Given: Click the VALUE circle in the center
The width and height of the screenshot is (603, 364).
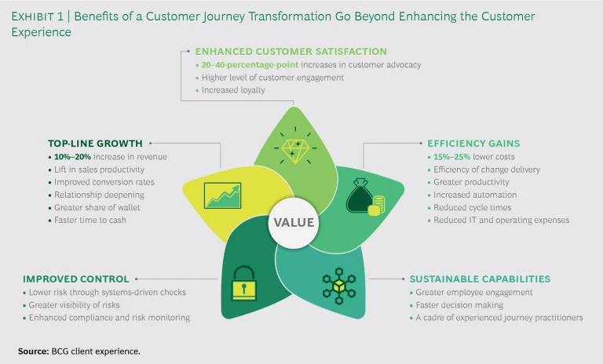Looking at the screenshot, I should point(293,222).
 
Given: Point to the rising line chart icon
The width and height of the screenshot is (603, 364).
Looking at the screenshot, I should point(221,195).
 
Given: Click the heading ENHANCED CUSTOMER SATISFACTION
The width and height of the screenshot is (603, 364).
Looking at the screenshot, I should point(291,52).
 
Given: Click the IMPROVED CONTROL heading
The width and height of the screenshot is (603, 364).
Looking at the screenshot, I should point(75,278).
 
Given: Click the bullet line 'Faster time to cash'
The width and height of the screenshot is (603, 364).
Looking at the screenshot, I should point(90,220).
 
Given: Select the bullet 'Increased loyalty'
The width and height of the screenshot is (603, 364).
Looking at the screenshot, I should point(234,89).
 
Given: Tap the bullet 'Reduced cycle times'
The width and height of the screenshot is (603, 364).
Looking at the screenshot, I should point(472,208).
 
